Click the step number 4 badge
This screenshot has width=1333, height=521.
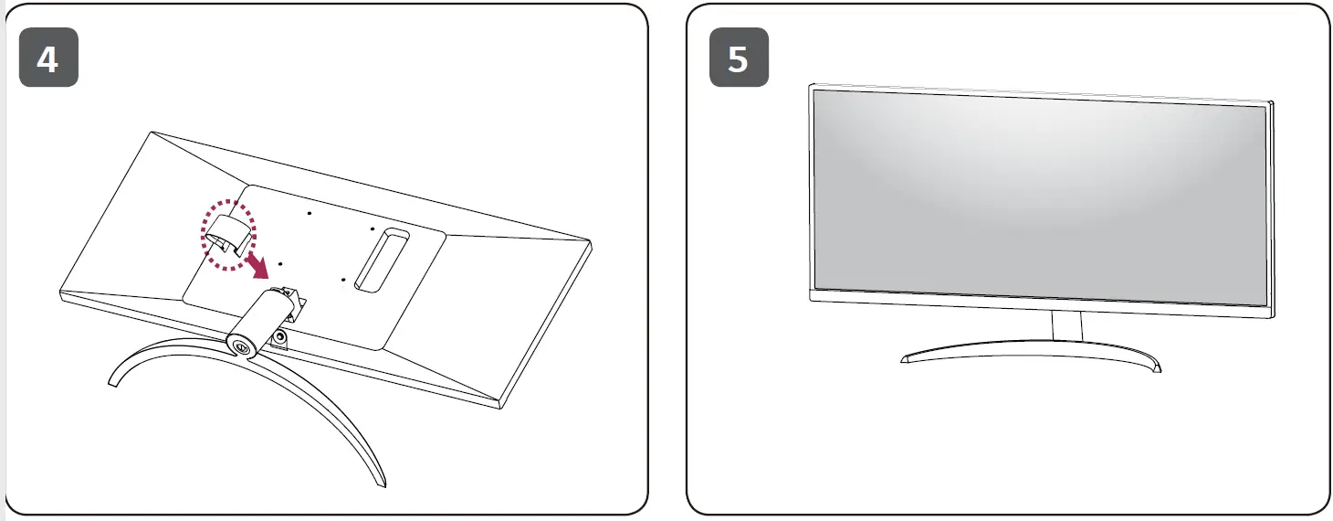[48, 58]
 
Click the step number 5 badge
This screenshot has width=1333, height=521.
[739, 58]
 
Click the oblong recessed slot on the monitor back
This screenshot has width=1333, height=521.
[383, 260]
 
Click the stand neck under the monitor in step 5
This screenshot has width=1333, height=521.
[1066, 325]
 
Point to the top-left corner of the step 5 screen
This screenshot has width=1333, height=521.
[815, 91]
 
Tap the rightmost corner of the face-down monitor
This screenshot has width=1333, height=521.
[590, 240]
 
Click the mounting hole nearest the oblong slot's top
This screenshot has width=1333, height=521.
[373, 228]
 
